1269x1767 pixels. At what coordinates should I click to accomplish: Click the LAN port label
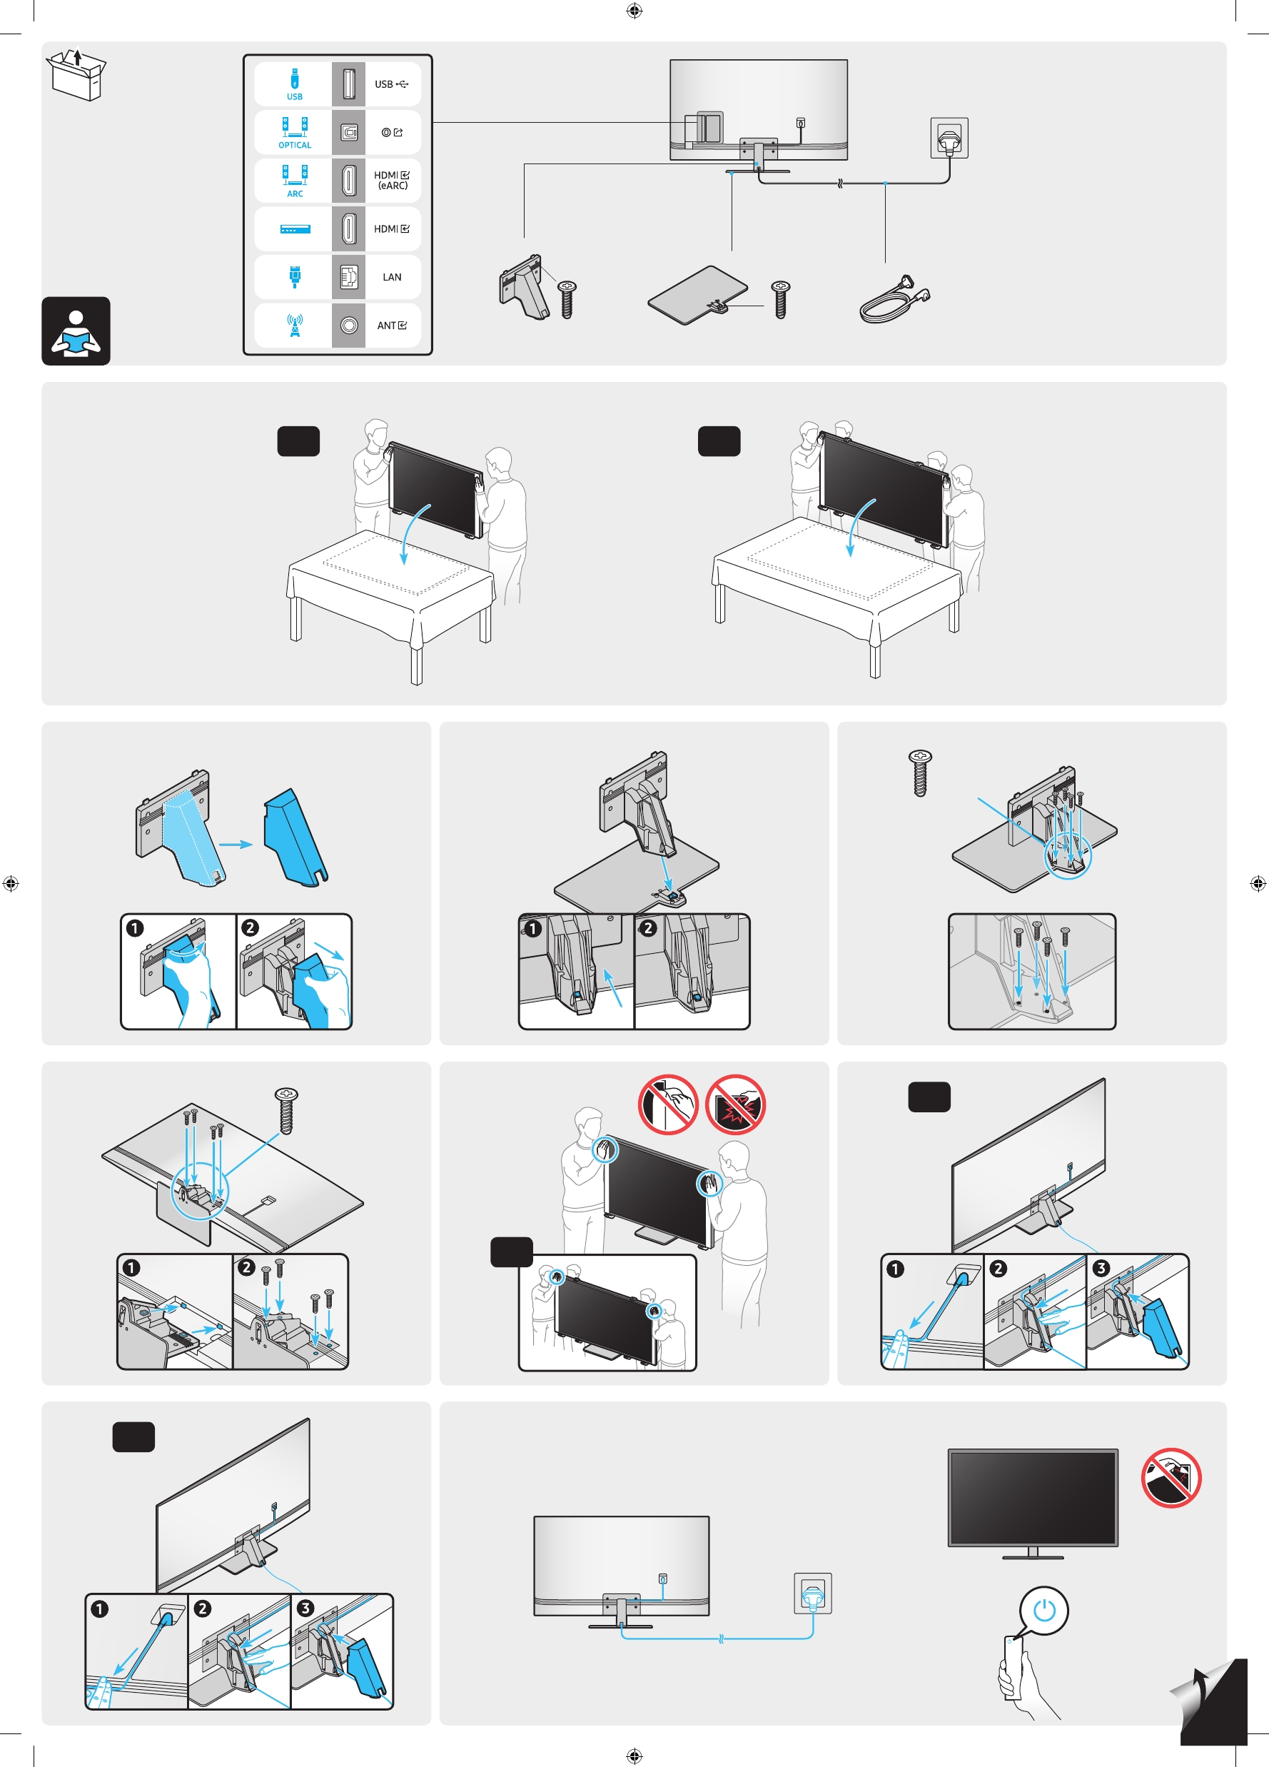click(392, 277)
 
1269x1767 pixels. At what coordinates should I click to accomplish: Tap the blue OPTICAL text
click(295, 146)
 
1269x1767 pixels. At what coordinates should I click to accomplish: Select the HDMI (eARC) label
click(391, 180)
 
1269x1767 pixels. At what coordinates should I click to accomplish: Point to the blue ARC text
click(295, 194)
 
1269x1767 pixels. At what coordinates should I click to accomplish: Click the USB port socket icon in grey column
click(348, 84)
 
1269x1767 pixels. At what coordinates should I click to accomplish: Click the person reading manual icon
click(76, 331)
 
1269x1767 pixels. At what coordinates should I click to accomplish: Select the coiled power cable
click(894, 300)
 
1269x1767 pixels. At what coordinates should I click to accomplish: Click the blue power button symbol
click(1044, 1610)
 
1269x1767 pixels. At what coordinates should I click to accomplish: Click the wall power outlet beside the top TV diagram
click(949, 139)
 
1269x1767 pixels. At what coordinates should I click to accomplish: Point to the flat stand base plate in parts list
click(697, 294)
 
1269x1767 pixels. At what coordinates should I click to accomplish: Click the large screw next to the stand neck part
click(567, 300)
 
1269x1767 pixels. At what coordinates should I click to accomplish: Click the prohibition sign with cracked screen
click(735, 1104)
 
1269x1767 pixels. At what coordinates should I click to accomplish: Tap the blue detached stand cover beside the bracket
click(295, 837)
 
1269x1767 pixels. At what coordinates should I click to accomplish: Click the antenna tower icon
click(295, 326)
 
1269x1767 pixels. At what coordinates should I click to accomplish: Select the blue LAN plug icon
click(295, 276)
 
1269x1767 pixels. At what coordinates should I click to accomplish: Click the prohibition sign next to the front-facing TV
click(1171, 1478)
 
